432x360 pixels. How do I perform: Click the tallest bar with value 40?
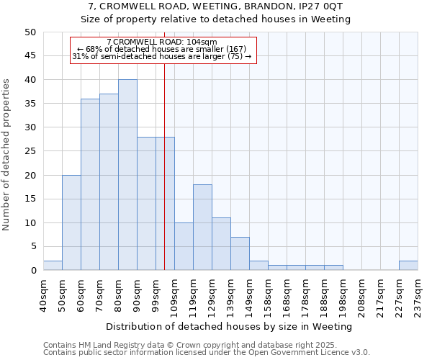[x=127, y=175]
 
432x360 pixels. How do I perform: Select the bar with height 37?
[x=109, y=182]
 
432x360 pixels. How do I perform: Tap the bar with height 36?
[x=90, y=184]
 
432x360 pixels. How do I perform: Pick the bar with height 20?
[x=71, y=222]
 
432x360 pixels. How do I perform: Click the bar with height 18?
[x=202, y=228]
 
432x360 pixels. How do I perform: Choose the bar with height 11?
[x=221, y=244]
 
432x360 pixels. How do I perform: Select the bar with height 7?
[x=240, y=253]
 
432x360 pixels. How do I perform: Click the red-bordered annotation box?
[x=163, y=50]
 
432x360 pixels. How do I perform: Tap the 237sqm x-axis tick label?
[x=418, y=297]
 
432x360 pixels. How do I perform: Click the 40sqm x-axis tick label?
[x=43, y=297]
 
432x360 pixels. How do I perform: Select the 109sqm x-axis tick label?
[x=174, y=297]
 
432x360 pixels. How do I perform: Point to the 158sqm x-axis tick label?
[x=268, y=297]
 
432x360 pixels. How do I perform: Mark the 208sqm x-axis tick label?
[x=361, y=297]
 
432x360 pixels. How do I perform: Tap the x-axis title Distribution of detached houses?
[x=230, y=326]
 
